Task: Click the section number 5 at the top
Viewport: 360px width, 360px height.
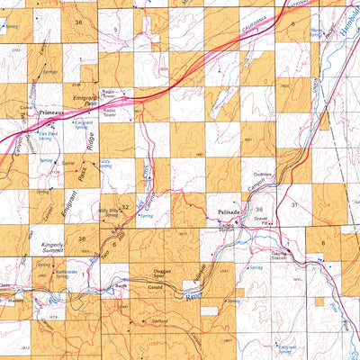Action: click(118, 31)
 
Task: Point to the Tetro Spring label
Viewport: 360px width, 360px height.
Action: click(104, 162)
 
